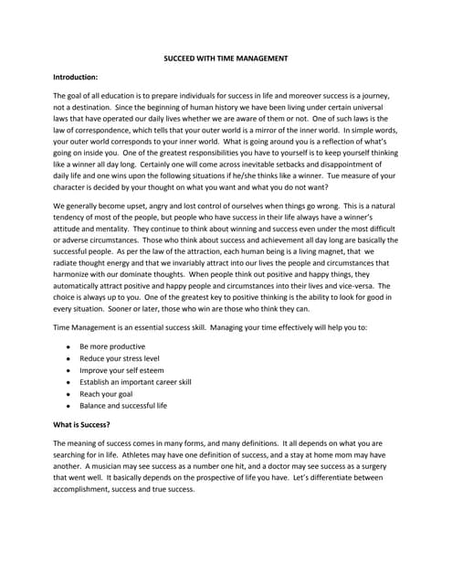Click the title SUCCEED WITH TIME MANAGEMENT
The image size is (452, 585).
pos(226,58)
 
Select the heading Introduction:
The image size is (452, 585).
pos(79,77)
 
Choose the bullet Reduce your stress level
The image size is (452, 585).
pos(120,360)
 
